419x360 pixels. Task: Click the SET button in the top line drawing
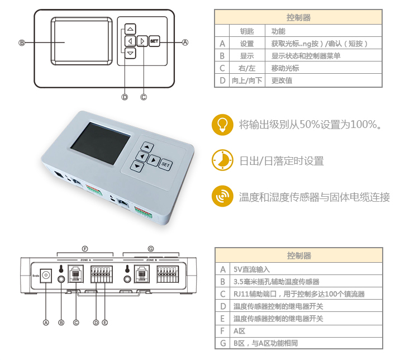(x=154, y=41)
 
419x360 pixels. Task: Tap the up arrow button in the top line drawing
(x=130, y=29)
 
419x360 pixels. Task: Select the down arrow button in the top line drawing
(x=130, y=53)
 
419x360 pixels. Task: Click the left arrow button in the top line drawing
(x=130, y=41)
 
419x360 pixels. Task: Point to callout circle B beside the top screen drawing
(x=22, y=42)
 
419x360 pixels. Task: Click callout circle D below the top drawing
(x=125, y=97)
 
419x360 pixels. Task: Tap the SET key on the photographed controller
(x=165, y=164)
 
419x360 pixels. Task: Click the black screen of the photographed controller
(x=101, y=143)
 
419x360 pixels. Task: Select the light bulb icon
(x=222, y=125)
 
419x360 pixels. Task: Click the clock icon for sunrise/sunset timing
(x=222, y=160)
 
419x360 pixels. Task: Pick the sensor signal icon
(x=222, y=196)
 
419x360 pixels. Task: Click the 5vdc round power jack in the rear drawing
(x=46, y=276)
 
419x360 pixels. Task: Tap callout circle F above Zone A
(x=85, y=249)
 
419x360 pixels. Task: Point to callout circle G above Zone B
(x=151, y=249)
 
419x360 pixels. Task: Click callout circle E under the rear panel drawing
(x=105, y=323)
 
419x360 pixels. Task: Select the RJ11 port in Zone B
(x=142, y=274)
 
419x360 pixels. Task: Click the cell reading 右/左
(x=247, y=68)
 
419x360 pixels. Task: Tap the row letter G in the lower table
(x=223, y=343)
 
